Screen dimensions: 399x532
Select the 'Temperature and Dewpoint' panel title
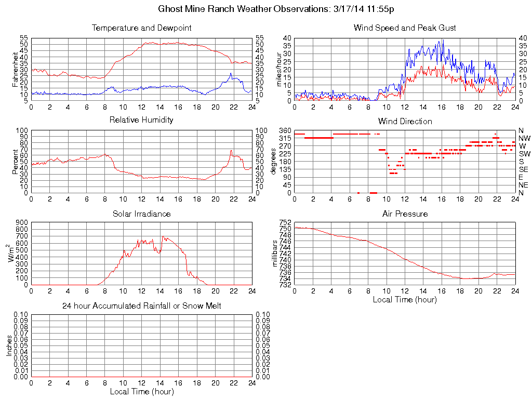(x=141, y=28)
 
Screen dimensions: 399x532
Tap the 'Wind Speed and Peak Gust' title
(x=405, y=28)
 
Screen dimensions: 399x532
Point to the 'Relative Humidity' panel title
(x=141, y=120)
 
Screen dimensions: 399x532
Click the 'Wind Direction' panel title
(x=405, y=121)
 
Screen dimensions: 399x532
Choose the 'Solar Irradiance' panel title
(x=141, y=214)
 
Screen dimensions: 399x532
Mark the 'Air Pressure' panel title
(x=405, y=214)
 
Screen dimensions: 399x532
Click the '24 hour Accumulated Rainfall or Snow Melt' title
(x=141, y=306)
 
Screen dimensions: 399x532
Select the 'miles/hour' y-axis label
(x=279, y=70)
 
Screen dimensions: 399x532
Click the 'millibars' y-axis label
(x=276, y=254)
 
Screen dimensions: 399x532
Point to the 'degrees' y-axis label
(x=274, y=162)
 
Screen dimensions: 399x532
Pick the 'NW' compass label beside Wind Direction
(x=524, y=138)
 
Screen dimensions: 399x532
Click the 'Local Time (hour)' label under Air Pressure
(x=405, y=299)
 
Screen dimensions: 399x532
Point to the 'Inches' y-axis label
(x=9, y=345)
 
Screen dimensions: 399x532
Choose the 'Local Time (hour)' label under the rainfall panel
(x=141, y=391)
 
